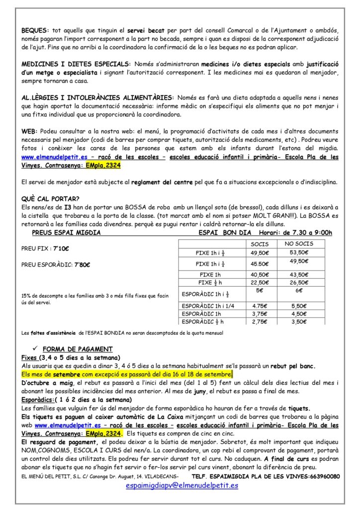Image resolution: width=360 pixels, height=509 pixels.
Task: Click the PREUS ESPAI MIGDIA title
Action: click(x=66, y=232)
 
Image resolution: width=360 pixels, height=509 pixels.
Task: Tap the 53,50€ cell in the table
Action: click(x=298, y=253)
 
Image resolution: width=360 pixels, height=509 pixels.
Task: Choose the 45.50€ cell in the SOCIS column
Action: click(x=259, y=264)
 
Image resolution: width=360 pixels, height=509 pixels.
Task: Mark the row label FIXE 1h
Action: click(x=210, y=275)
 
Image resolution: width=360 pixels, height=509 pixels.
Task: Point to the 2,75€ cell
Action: click(x=259, y=322)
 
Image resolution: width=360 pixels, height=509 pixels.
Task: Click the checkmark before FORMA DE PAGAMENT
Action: click(x=35, y=348)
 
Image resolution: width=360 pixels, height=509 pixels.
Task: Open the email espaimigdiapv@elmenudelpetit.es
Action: click(x=182, y=485)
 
